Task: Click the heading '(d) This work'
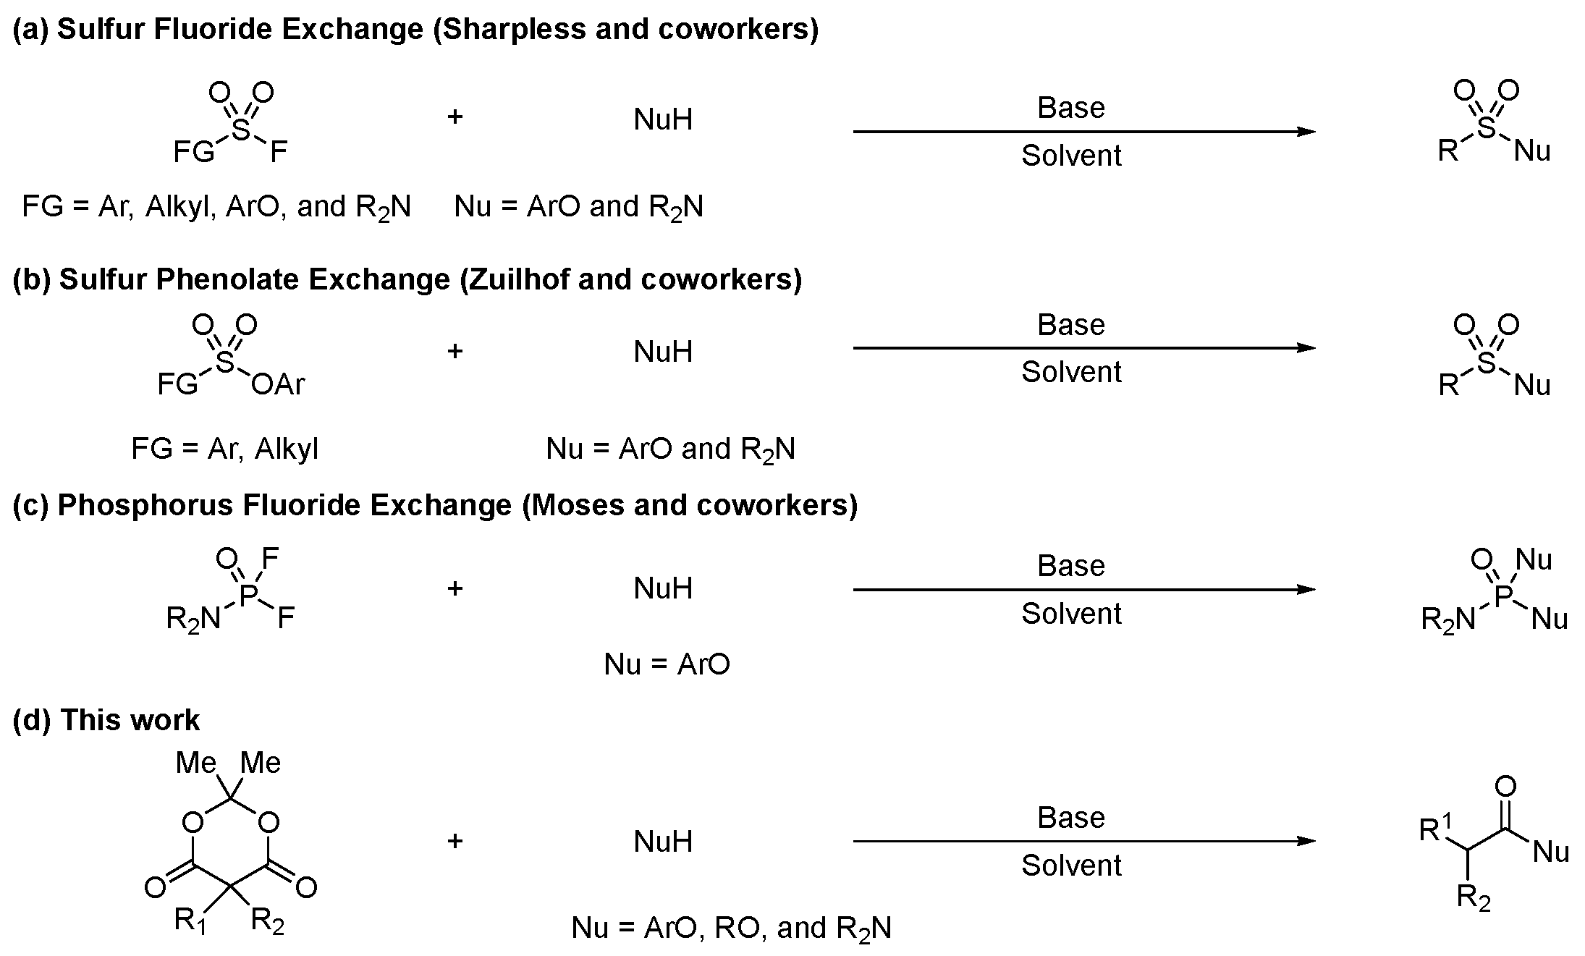[x=106, y=720]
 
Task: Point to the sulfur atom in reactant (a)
[x=240, y=130]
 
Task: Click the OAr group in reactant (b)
[x=278, y=384]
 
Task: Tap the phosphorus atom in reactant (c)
[x=249, y=595]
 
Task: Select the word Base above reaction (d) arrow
[x=1071, y=818]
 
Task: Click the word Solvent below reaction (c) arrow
[x=1071, y=614]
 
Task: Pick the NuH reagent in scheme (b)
[x=663, y=352]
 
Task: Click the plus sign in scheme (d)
[x=455, y=841]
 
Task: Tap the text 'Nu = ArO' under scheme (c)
[x=667, y=664]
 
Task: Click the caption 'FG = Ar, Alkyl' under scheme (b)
[x=224, y=449]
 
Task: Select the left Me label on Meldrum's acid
[x=196, y=762]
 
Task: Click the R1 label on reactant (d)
[x=190, y=921]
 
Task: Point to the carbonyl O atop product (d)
[x=1505, y=787]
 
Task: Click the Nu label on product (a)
[x=1532, y=151]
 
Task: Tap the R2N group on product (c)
[x=1447, y=620]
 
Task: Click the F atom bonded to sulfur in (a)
[x=279, y=153]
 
